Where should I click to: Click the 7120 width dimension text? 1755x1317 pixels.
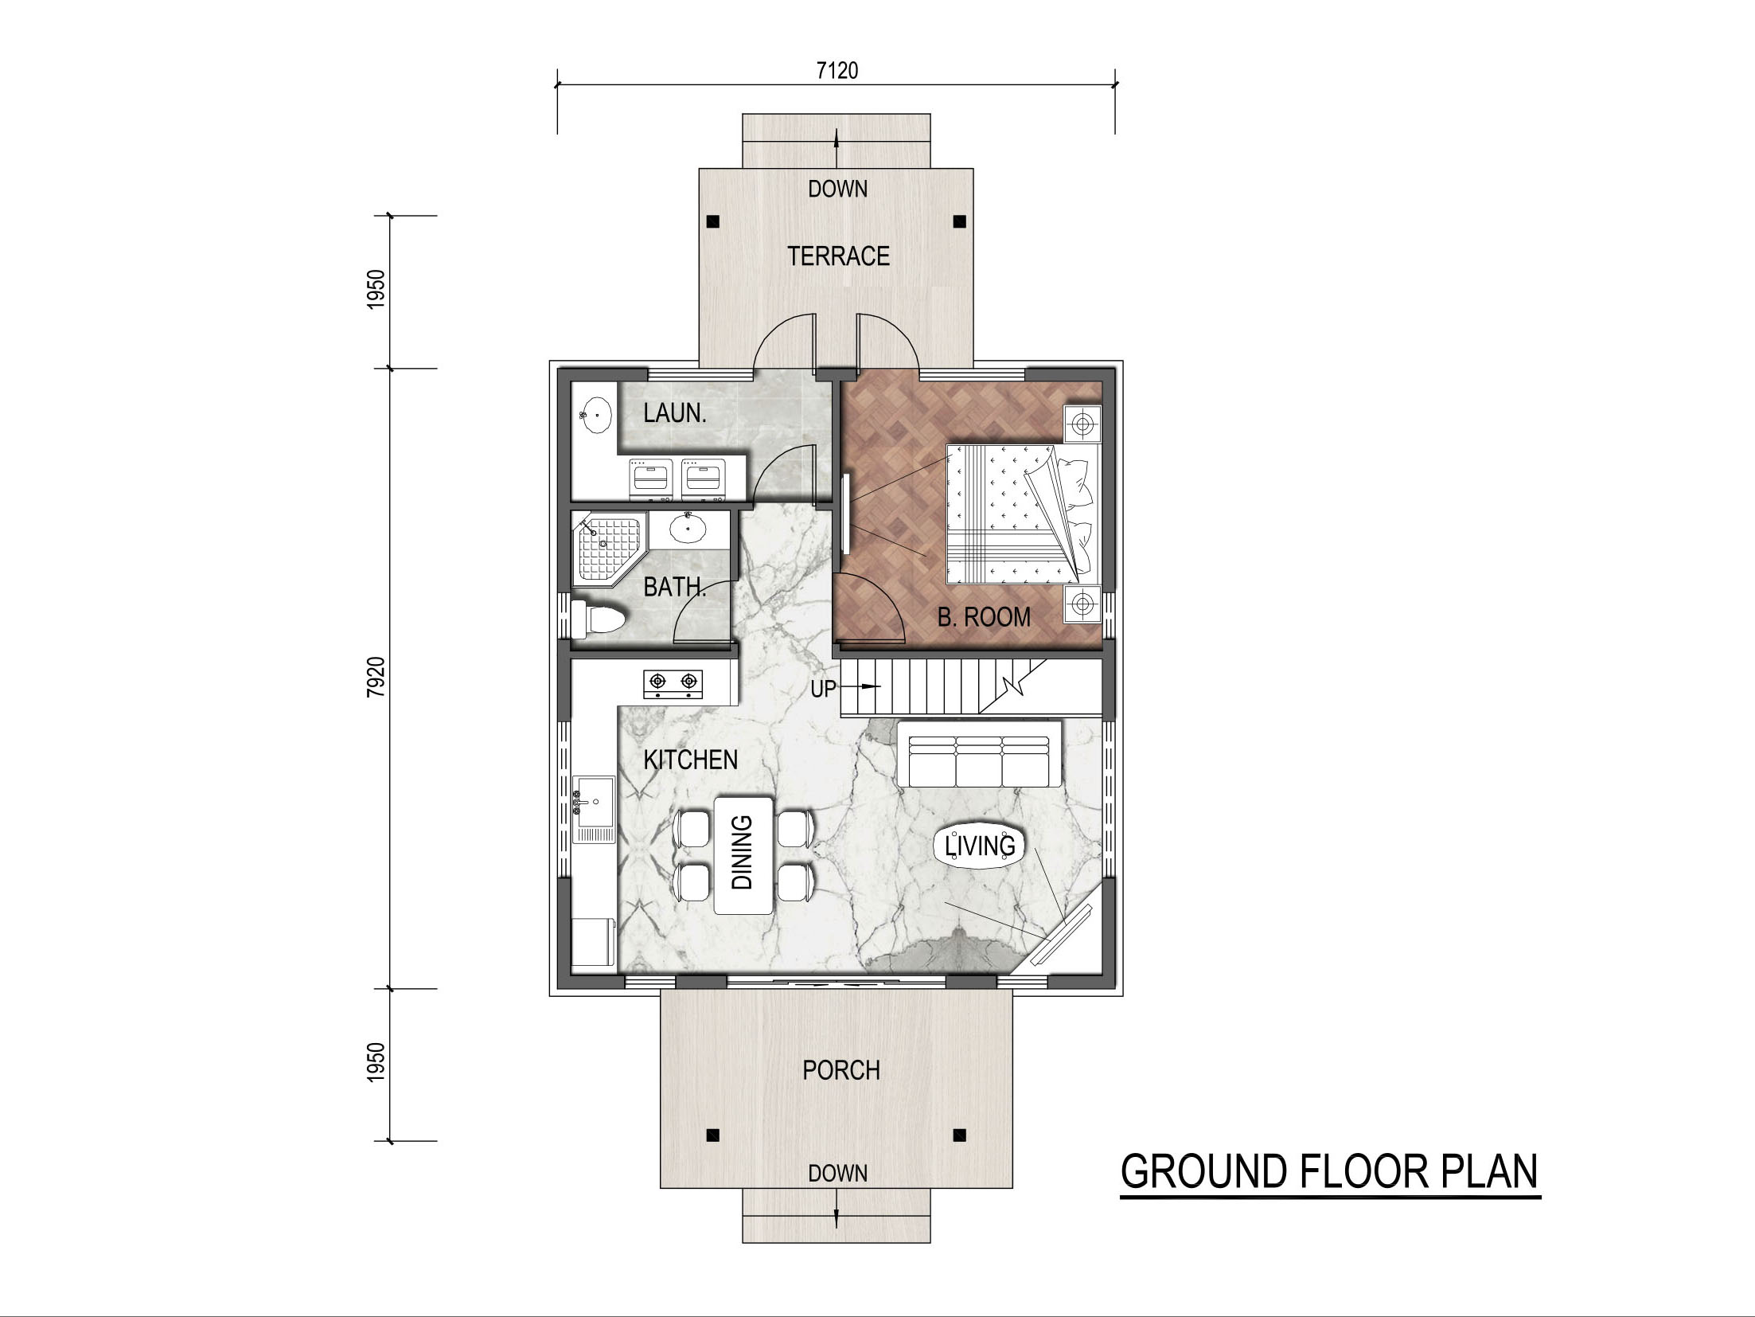[837, 71]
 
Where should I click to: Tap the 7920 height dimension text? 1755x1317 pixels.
[376, 678]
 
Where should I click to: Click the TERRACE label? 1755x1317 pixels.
[838, 256]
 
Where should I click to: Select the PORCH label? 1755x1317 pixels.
[841, 1070]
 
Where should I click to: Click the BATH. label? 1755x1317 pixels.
[675, 587]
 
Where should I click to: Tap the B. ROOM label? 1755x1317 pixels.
[984, 616]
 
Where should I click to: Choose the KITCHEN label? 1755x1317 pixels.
[691, 760]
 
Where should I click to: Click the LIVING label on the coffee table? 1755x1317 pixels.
[980, 845]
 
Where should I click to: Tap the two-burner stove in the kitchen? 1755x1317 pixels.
[674, 682]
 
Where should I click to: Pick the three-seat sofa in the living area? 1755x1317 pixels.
[979, 753]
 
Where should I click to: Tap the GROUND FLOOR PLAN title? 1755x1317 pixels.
[1330, 1172]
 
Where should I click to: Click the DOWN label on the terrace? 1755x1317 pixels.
[837, 190]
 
